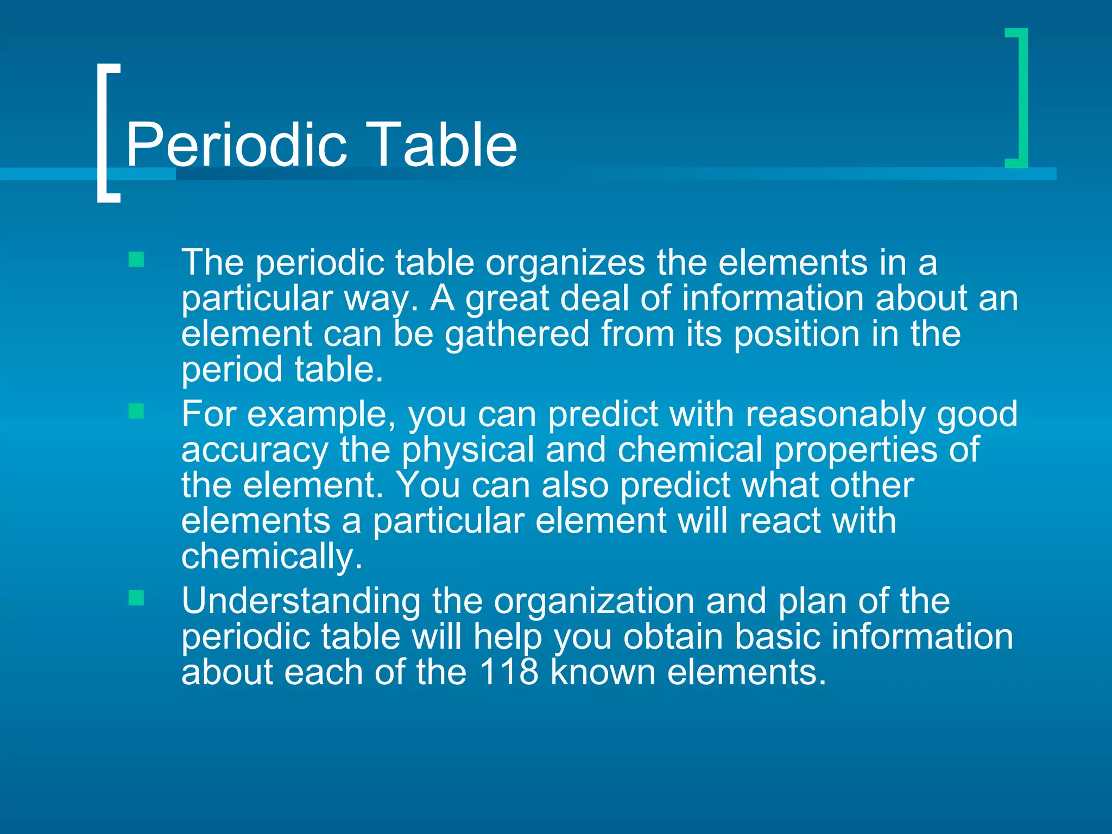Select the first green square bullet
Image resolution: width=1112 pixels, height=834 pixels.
[136, 260]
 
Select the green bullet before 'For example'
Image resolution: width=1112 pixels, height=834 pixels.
[136, 411]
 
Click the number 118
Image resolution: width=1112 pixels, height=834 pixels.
[509, 672]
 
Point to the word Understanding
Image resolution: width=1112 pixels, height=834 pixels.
[301, 601]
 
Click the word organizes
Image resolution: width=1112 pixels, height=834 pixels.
[565, 263]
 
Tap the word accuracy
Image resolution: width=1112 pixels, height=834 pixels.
[255, 451]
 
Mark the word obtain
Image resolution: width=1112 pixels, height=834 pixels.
[673, 636]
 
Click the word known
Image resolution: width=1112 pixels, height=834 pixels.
[603, 672]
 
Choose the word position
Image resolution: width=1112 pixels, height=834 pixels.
[797, 334]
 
